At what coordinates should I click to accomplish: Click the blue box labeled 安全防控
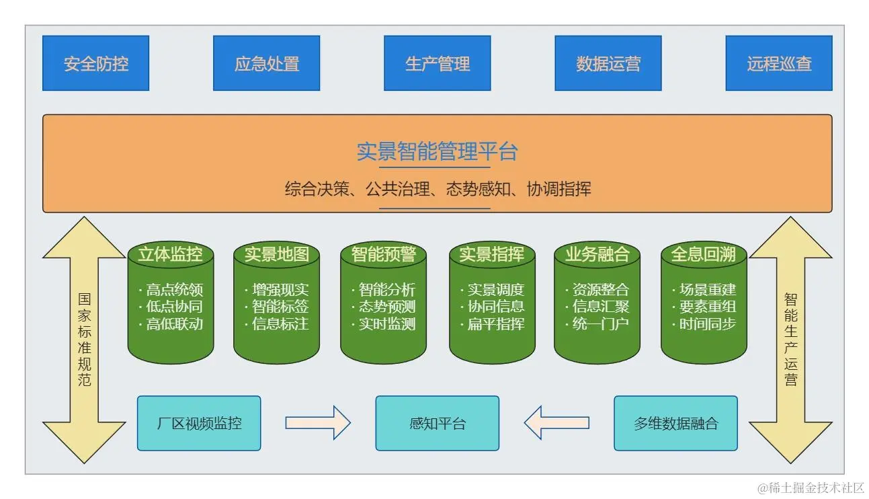[95, 63]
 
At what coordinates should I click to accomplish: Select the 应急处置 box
[266, 63]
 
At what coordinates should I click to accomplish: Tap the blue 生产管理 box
[437, 63]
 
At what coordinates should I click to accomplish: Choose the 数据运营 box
[608, 63]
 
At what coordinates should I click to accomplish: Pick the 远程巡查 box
[779, 63]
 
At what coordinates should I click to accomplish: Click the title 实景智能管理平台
[437, 151]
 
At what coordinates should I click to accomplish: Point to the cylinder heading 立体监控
[170, 254]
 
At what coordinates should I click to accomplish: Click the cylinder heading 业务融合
[597, 254]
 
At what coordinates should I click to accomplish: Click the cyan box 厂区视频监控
[199, 423]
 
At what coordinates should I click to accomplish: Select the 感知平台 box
[437, 423]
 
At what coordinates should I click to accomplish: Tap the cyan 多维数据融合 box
[675, 423]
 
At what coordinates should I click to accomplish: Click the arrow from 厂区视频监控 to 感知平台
[318, 423]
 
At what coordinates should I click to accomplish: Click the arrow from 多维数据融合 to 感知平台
[556, 423]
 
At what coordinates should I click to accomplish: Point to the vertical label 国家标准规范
[85, 340]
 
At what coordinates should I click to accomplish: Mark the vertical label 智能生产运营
[791, 340]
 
